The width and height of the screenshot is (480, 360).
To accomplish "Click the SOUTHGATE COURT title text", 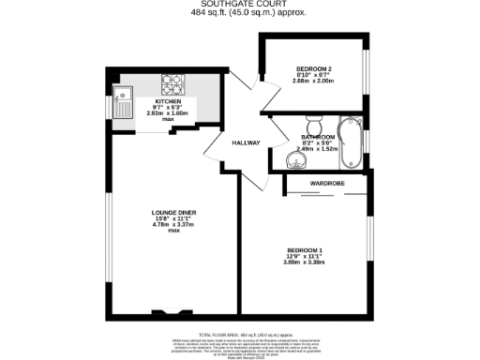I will coord(239,4).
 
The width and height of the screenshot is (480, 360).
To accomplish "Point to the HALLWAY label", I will coord(246,143).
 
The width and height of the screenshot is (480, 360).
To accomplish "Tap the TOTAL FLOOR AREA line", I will coord(239,333).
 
